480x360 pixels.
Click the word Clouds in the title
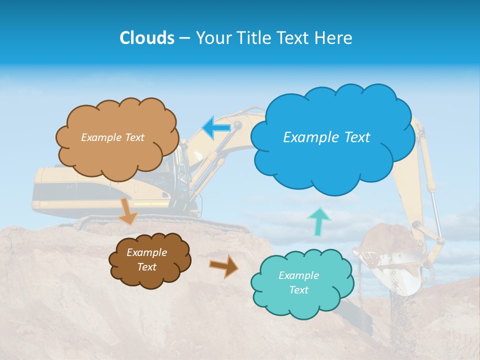point(146,38)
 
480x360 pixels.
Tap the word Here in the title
point(335,38)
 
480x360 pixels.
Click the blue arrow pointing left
point(216,128)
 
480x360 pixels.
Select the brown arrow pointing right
point(223,265)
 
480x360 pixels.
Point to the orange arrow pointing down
point(128,210)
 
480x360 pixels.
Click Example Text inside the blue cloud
point(326,137)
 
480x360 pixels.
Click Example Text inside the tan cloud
point(112,137)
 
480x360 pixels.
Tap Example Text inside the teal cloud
point(298,282)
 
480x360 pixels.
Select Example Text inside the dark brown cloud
point(146,259)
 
